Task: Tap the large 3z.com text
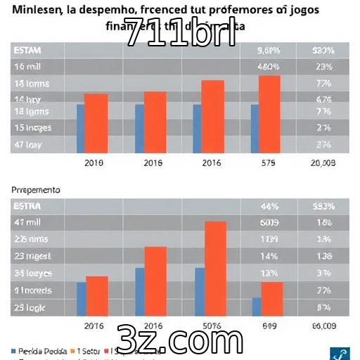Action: (180, 340)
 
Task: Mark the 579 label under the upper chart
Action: (268, 163)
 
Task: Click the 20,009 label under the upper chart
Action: (323, 163)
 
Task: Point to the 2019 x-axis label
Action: (94, 163)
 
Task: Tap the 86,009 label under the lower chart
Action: (323, 326)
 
